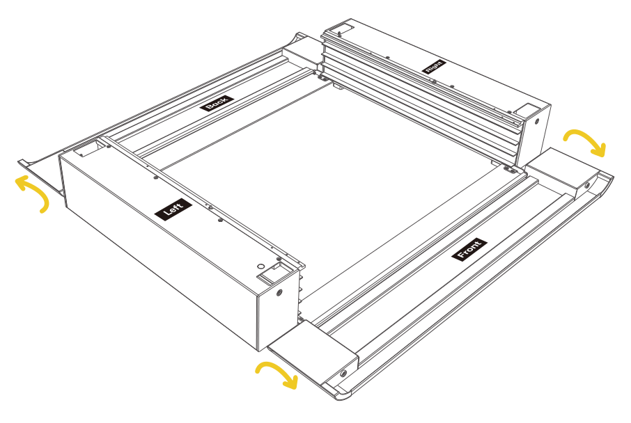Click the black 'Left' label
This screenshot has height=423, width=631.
[173, 209]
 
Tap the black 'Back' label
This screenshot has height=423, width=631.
[217, 104]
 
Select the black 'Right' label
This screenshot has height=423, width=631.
[434, 67]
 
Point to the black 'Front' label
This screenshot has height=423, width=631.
[469, 250]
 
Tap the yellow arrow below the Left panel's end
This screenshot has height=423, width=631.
[278, 374]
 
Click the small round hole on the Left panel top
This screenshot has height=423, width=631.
[260, 266]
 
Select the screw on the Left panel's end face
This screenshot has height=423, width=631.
[280, 292]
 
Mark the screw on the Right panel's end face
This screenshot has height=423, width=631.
[536, 120]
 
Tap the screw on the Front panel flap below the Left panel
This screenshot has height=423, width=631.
[343, 374]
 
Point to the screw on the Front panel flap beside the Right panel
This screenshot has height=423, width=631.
[586, 185]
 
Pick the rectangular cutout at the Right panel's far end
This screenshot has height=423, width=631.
[340, 30]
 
